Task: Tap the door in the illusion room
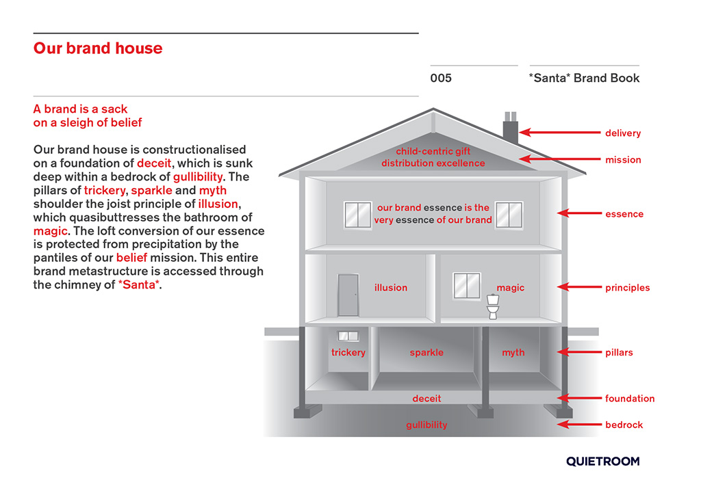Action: [x=348, y=295]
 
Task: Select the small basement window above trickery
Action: [x=348, y=336]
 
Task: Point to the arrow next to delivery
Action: [x=558, y=133]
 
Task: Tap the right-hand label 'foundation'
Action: [x=629, y=399]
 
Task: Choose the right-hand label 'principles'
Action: [x=627, y=288]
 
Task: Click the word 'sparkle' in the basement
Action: [x=426, y=353]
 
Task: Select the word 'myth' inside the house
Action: [x=513, y=353]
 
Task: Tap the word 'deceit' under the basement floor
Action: [x=426, y=399]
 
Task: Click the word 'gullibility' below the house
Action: [x=426, y=425]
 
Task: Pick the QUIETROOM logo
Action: [x=602, y=461]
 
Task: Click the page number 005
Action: [x=441, y=78]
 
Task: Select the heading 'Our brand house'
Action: [x=98, y=49]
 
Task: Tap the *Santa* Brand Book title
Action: [x=584, y=78]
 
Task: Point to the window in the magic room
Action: [x=467, y=284]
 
